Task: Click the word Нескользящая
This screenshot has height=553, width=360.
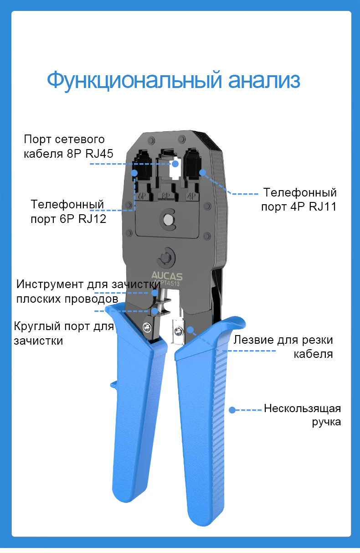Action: point(302,408)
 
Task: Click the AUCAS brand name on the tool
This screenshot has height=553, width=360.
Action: point(166,276)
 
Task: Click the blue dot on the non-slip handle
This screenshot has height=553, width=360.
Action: point(232,410)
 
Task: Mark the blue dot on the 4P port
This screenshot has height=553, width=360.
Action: point(203,173)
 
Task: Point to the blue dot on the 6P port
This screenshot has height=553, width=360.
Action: point(135,173)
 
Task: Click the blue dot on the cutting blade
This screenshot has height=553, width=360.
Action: point(190,329)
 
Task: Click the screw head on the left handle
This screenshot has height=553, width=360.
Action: point(147,326)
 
